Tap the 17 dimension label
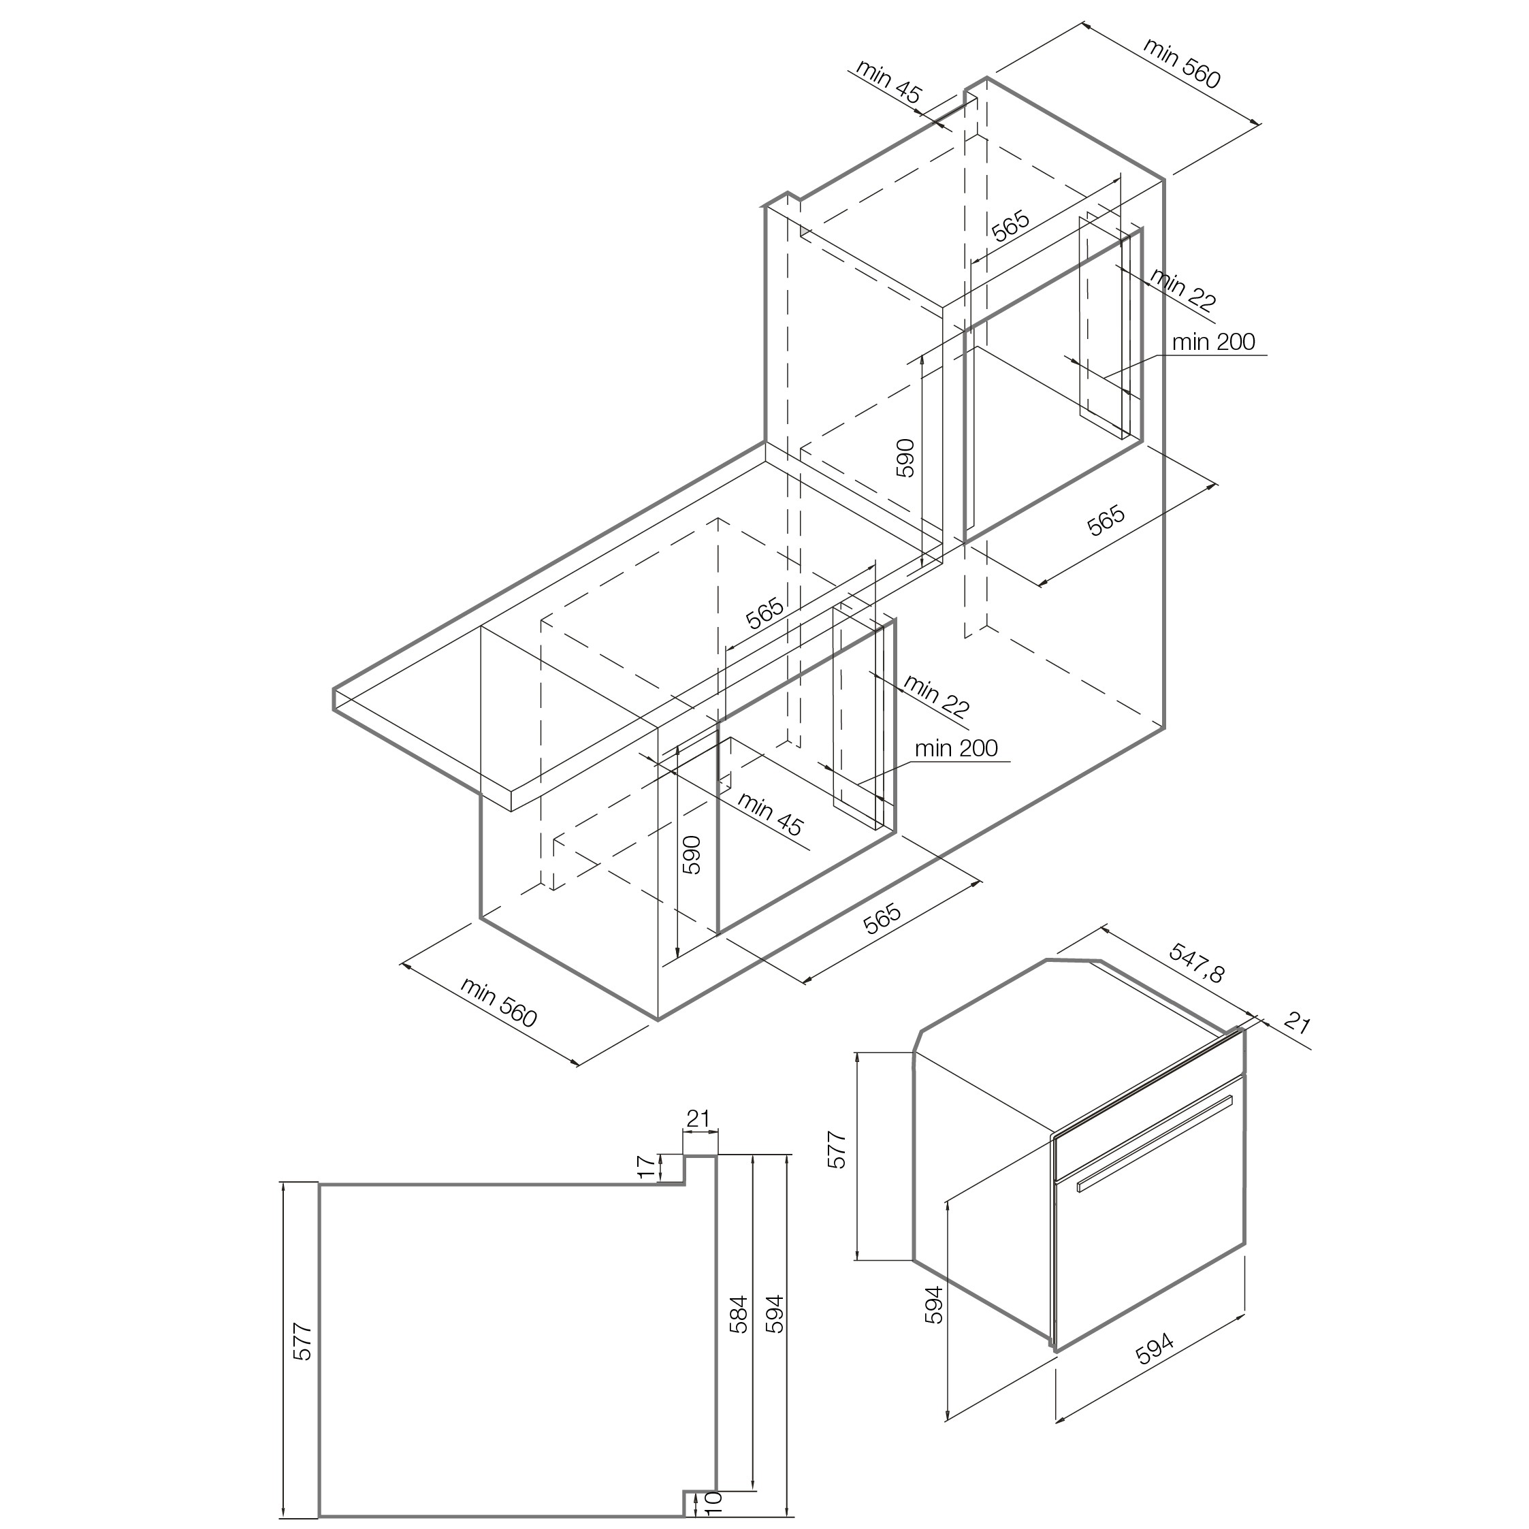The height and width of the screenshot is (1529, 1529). [647, 1168]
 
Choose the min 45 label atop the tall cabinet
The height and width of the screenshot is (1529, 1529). [888, 82]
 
